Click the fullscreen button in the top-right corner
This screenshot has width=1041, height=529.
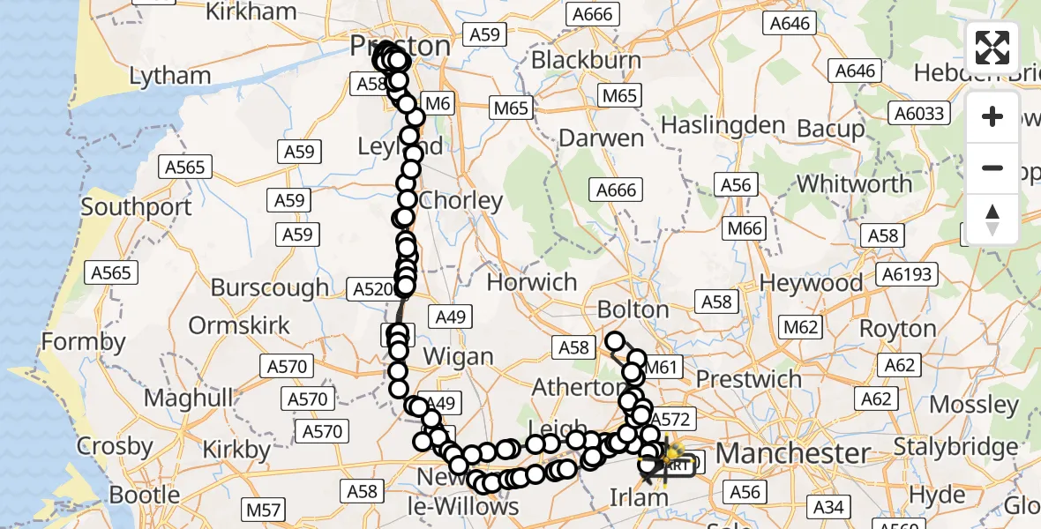click(x=992, y=48)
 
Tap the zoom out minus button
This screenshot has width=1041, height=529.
click(x=992, y=168)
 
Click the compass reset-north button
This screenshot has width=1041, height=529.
click(x=992, y=220)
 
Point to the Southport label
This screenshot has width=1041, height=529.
click(x=136, y=207)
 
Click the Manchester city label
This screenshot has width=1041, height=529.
click(x=792, y=453)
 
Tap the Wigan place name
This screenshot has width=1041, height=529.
click(x=458, y=356)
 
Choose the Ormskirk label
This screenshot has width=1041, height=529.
click(x=239, y=324)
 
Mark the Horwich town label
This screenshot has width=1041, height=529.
click(x=532, y=282)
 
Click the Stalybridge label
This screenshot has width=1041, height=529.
click(x=957, y=446)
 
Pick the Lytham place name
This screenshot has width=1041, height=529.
click(x=170, y=76)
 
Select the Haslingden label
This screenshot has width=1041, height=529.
click(x=723, y=125)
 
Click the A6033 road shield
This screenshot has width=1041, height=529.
click(x=919, y=113)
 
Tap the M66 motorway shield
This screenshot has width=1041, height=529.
click(x=744, y=229)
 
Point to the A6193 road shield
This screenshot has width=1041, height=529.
click(x=907, y=274)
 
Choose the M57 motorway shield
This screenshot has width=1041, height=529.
click(x=263, y=510)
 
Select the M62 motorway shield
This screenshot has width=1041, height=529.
click(x=801, y=328)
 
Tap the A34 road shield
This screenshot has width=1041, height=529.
click(x=828, y=506)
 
